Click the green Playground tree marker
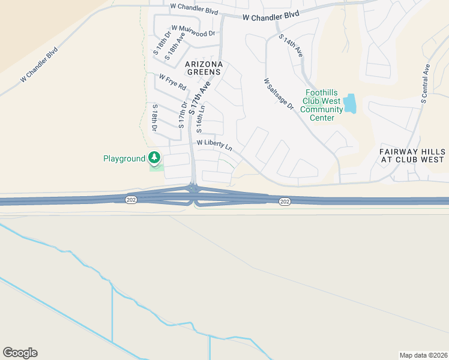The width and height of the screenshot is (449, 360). pos(155,158)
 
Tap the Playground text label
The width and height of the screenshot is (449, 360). pos(124,158)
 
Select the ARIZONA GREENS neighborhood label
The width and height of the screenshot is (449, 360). pos(203,68)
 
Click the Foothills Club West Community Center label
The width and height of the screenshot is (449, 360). pos(321,105)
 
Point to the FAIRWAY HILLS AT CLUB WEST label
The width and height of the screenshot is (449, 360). pos(412,155)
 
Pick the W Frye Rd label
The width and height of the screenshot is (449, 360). pos(173,82)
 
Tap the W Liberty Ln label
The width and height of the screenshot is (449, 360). pos(214,144)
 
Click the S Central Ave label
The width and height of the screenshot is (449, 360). pos(425,83)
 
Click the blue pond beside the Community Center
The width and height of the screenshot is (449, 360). pos(350,104)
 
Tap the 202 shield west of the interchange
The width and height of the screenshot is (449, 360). pos(130,199)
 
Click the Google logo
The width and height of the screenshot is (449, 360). pos(20,353)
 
